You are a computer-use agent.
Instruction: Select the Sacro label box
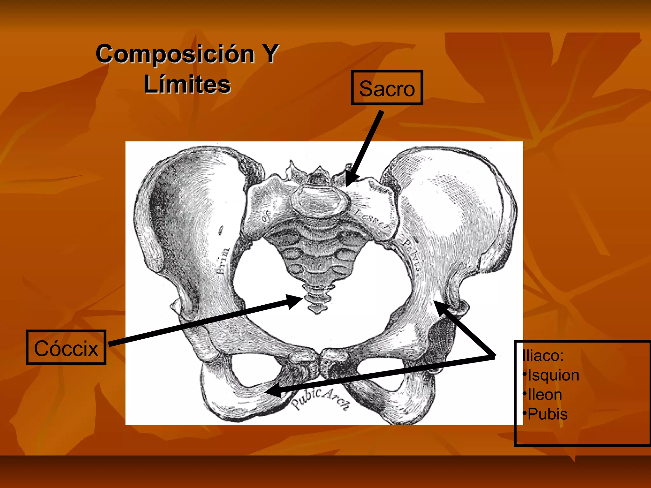coord(387,88)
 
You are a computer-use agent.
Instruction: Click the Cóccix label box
coord(66,347)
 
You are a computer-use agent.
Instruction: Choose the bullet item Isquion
coord(553,375)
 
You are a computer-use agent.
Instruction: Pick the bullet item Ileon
coord(545,395)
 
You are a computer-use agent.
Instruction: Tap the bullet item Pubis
coord(547,414)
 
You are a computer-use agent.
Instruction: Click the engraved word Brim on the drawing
coord(223,261)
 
